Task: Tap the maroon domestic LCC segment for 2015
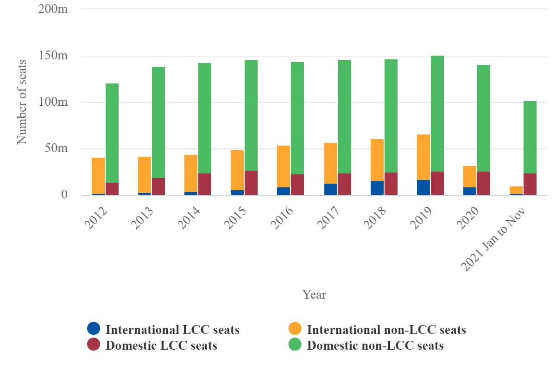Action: (x=251, y=183)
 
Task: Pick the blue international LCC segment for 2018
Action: (x=377, y=188)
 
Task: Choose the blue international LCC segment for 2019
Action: (x=423, y=187)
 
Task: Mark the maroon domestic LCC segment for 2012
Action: (x=112, y=189)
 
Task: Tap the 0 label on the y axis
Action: (x=64, y=195)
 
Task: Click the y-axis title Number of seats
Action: (x=22, y=102)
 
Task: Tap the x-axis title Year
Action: (x=314, y=294)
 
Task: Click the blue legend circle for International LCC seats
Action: (x=94, y=329)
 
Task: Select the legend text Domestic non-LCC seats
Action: (x=375, y=345)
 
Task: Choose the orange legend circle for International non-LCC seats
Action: (x=295, y=329)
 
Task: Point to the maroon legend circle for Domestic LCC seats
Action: (x=94, y=345)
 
